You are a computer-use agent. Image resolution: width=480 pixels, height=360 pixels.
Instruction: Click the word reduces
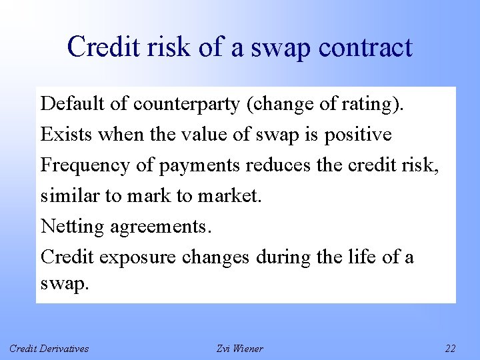point(279,165)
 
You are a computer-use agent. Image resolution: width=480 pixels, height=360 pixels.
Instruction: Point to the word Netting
point(73,227)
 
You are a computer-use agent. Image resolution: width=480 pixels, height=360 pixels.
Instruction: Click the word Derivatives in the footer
point(64,349)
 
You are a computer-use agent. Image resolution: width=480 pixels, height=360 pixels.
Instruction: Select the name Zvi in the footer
point(225,349)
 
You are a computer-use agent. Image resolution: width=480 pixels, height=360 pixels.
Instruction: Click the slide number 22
point(450,349)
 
